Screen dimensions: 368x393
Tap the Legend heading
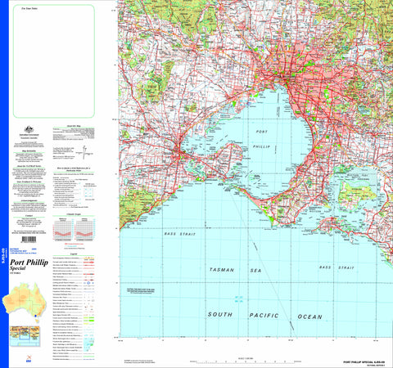pos(75,253)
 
